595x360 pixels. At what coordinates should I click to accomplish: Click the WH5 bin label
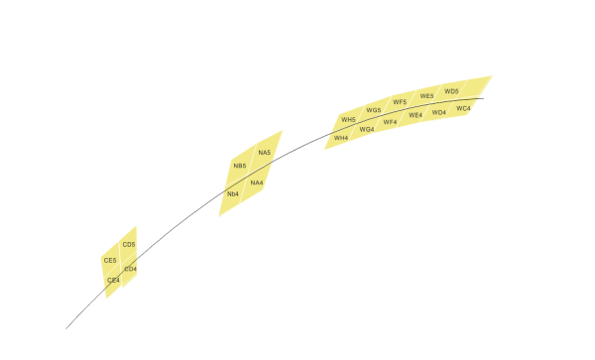coord(348,121)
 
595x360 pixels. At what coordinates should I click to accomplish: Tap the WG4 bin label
coord(367,129)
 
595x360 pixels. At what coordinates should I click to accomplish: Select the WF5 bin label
coord(400,102)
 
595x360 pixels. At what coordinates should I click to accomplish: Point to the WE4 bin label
coord(415,114)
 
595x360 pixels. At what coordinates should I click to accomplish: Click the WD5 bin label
coord(452,91)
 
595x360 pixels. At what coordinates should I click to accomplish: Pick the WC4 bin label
coord(463,107)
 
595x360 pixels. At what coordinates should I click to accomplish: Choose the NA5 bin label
coord(264,153)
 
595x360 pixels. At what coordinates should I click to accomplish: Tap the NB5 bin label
coord(239,166)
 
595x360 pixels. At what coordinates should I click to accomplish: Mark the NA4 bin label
coord(257,182)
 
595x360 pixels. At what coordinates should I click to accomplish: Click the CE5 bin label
coord(110,260)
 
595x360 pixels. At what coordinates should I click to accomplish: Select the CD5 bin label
coord(129,244)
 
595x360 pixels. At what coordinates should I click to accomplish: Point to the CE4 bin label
coord(113,281)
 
